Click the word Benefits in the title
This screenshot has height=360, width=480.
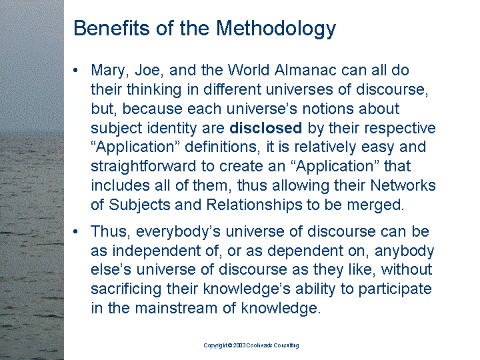pyautogui.click(x=111, y=28)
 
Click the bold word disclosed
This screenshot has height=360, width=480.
pyautogui.click(x=266, y=127)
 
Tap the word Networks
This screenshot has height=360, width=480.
pyautogui.click(x=403, y=185)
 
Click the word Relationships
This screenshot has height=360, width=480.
pyautogui.click(x=254, y=205)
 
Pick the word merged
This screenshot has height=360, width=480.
pyautogui.click(x=375, y=205)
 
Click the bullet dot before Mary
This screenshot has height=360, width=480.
pyautogui.click(x=75, y=71)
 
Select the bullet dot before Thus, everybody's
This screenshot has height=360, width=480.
pyautogui.click(x=75, y=232)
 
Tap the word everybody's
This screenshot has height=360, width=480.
pyautogui.click(x=178, y=232)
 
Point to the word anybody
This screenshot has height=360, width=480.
pyautogui.click(x=404, y=251)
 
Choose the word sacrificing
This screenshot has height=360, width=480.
pyautogui.click(x=126, y=289)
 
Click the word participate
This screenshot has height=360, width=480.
pyautogui.click(x=395, y=289)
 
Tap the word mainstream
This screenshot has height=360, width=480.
pyautogui.click(x=176, y=308)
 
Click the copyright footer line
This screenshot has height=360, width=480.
pyautogui.click(x=251, y=345)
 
